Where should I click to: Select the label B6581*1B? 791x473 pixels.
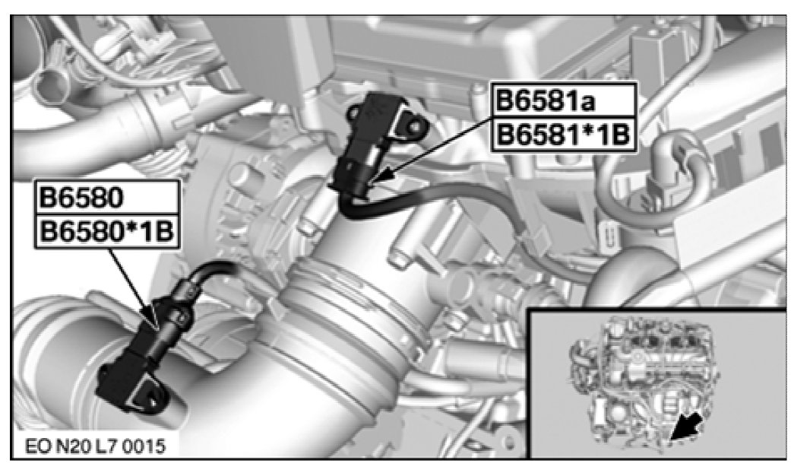coord(563,135)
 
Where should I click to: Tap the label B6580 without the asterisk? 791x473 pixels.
coord(81,197)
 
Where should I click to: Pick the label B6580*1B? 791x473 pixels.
coord(106,232)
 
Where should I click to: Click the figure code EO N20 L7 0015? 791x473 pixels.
coord(95,446)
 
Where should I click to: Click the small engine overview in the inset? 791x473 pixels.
coord(644,378)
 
